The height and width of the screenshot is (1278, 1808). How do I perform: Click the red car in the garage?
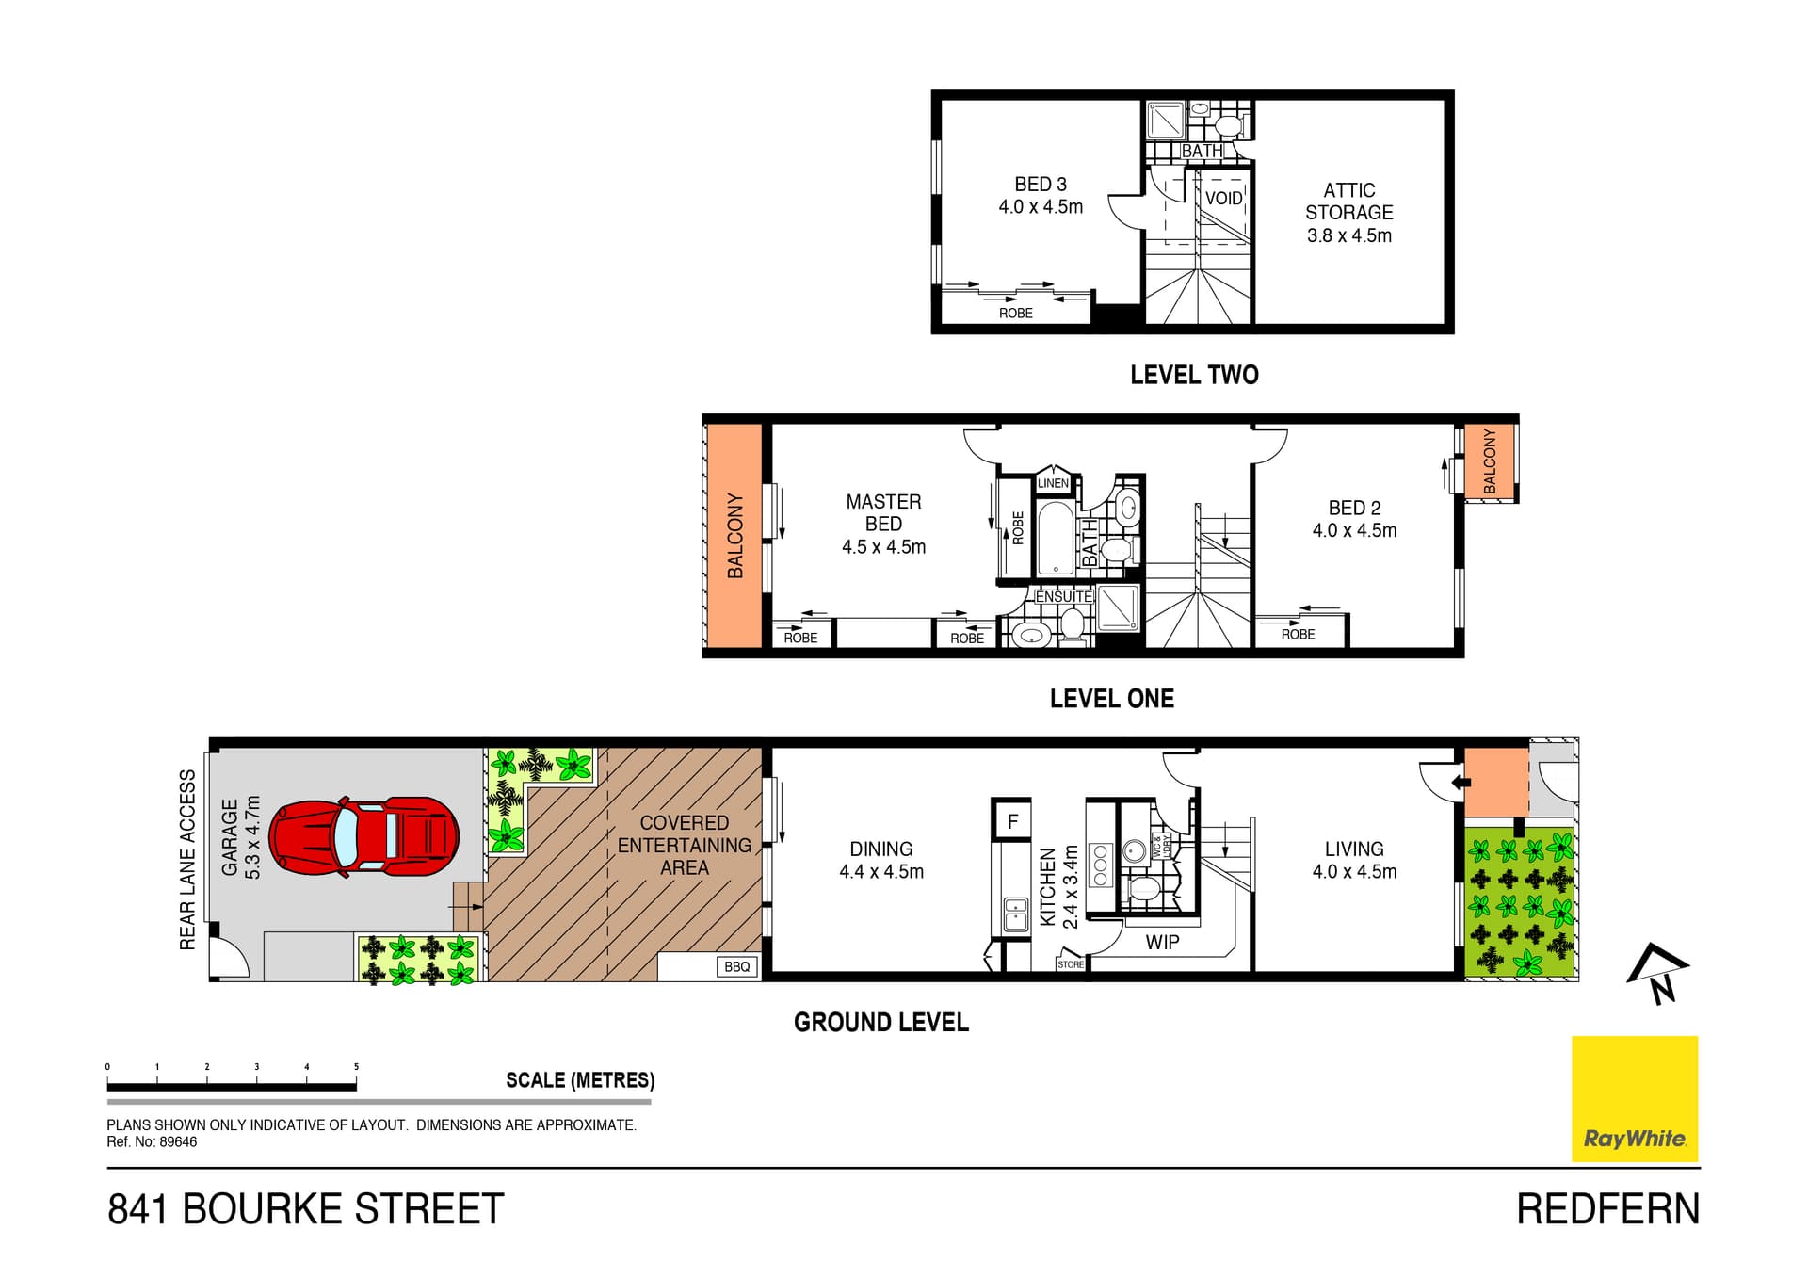(364, 837)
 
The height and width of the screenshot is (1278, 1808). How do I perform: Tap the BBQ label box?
(737, 966)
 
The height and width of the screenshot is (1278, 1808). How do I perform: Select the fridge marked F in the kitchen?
(1012, 821)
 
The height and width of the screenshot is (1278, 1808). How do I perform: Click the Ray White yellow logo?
(1635, 1099)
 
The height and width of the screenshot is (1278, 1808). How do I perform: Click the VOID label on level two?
(1223, 199)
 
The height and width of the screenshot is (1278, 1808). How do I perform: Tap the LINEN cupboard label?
(1053, 483)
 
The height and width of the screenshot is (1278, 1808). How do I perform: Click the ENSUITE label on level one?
(1064, 597)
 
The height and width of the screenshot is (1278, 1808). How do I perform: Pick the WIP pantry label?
(1162, 942)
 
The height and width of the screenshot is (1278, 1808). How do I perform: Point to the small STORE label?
(1071, 964)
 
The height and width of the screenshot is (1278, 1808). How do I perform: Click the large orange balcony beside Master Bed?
(734, 536)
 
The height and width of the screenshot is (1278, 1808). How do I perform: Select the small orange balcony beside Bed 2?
(1489, 461)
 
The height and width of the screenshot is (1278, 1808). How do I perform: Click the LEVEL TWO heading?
(1194, 375)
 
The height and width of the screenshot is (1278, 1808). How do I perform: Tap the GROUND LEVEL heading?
(881, 1023)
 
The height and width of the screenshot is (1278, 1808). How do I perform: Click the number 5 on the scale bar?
(356, 1067)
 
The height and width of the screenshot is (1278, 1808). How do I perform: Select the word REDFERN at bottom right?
(1608, 1209)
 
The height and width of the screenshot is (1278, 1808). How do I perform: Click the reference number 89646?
(178, 1142)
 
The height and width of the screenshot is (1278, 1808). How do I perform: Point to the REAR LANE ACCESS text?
(187, 860)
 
